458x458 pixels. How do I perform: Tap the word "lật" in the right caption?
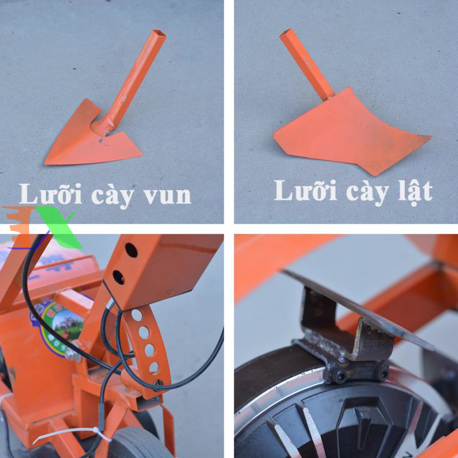pyautogui.click(x=416, y=191)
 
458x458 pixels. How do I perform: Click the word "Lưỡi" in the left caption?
pyautogui.click(x=50, y=193)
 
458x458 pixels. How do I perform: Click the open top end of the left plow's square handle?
pyautogui.click(x=159, y=33)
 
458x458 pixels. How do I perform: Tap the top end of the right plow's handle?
pyautogui.click(x=287, y=33)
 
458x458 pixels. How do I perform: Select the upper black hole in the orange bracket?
pyautogui.click(x=131, y=250)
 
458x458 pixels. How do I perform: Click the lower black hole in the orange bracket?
pyautogui.click(x=119, y=278)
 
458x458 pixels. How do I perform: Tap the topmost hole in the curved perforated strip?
pyautogui.click(x=136, y=315)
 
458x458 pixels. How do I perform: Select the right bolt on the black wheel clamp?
pyautogui.click(x=384, y=374)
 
